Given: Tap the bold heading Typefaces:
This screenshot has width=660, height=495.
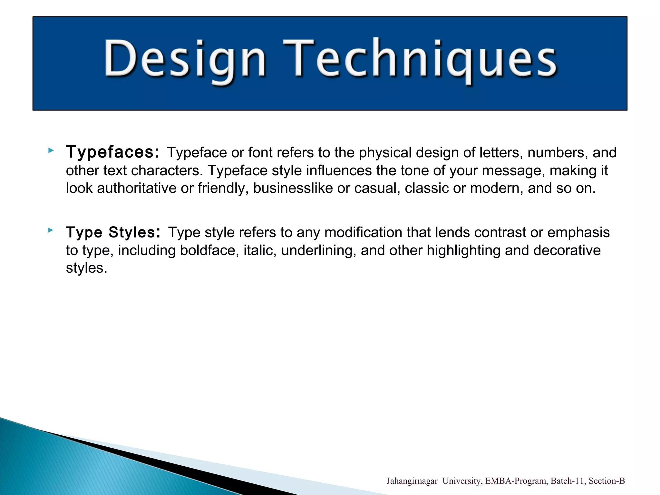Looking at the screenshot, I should click(x=112, y=152).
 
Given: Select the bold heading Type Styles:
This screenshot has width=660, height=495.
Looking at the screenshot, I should click(x=113, y=232).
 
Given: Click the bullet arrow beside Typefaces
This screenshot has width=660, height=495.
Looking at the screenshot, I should click(x=51, y=150).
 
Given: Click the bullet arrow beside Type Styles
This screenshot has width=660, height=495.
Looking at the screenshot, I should click(x=51, y=230).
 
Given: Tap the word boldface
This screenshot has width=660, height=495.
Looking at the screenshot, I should click(x=209, y=250).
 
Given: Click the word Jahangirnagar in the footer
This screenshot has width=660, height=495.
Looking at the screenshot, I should click(x=412, y=481).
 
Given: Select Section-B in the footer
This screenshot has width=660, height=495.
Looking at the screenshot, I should click(x=607, y=481).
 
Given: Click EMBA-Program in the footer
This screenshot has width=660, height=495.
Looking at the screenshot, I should click(x=516, y=481).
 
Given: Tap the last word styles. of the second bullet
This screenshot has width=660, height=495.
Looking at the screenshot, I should click(x=86, y=268).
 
